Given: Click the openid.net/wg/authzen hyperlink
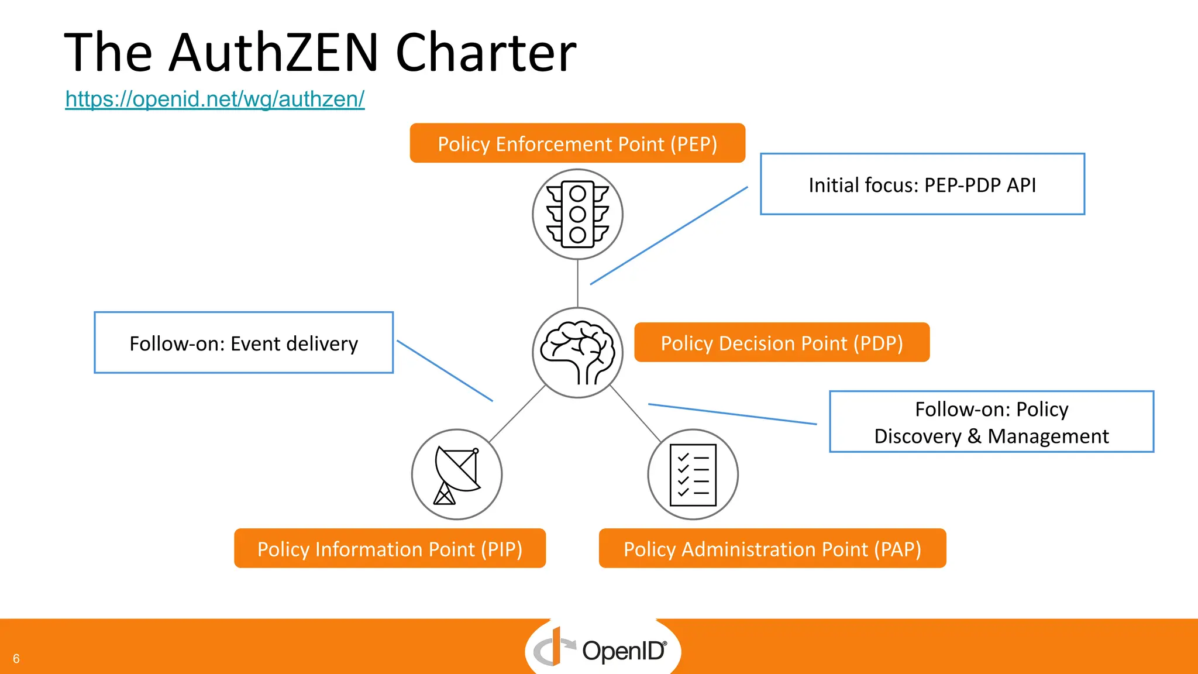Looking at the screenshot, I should (215, 99).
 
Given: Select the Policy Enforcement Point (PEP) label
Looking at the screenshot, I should (577, 143).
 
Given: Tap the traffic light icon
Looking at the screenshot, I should (577, 214).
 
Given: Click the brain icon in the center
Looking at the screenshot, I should (577, 353).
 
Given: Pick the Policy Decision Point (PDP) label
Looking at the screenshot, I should (782, 343).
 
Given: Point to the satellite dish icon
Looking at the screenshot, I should (457, 474).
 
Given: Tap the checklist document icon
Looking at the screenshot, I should (693, 474).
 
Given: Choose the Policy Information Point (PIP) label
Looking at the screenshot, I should (390, 549).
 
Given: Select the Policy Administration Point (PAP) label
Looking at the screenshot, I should (772, 549).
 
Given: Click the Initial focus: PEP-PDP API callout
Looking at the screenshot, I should (922, 185).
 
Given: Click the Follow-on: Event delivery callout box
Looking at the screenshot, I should (243, 343).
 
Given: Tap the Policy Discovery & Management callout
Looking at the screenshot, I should (991, 422).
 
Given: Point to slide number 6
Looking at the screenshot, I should (16, 659).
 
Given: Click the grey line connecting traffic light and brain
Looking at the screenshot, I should (578, 284).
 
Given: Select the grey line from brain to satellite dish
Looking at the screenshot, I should (517, 414).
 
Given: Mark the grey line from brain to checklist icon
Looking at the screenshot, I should (635, 414).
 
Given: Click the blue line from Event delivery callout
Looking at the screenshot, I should (445, 371).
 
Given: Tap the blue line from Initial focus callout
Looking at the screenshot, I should (669, 236).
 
